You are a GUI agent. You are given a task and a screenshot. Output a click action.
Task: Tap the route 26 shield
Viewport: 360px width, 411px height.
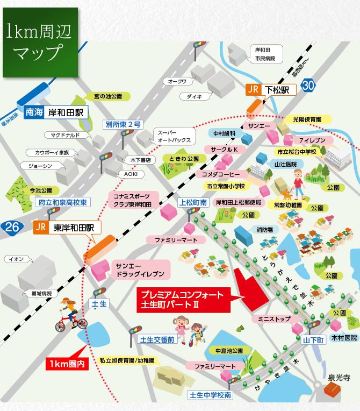(11, 227)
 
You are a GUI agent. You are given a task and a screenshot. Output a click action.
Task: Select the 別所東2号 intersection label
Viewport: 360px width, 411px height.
(123, 124)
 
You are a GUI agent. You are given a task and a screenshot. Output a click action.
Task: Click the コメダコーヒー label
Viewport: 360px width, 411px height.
(221, 174)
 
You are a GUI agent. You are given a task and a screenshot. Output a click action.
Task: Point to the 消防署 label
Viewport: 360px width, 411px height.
(263, 230)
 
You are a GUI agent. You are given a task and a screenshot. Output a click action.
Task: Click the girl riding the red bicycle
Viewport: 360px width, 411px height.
(68, 315)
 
